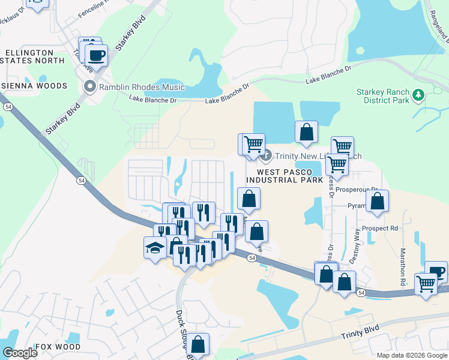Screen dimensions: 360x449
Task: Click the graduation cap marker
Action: [155, 247]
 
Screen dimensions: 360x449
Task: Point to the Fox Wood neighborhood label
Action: [58, 347]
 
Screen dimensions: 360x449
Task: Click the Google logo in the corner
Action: [20, 353]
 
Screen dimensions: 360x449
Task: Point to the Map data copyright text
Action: [412, 355]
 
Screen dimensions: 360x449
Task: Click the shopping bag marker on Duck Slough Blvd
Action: [197, 344]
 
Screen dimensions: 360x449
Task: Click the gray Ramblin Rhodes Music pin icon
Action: [91, 87]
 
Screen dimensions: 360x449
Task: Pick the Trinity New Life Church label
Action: [318, 156]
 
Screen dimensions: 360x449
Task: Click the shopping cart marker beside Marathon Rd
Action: [426, 283]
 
